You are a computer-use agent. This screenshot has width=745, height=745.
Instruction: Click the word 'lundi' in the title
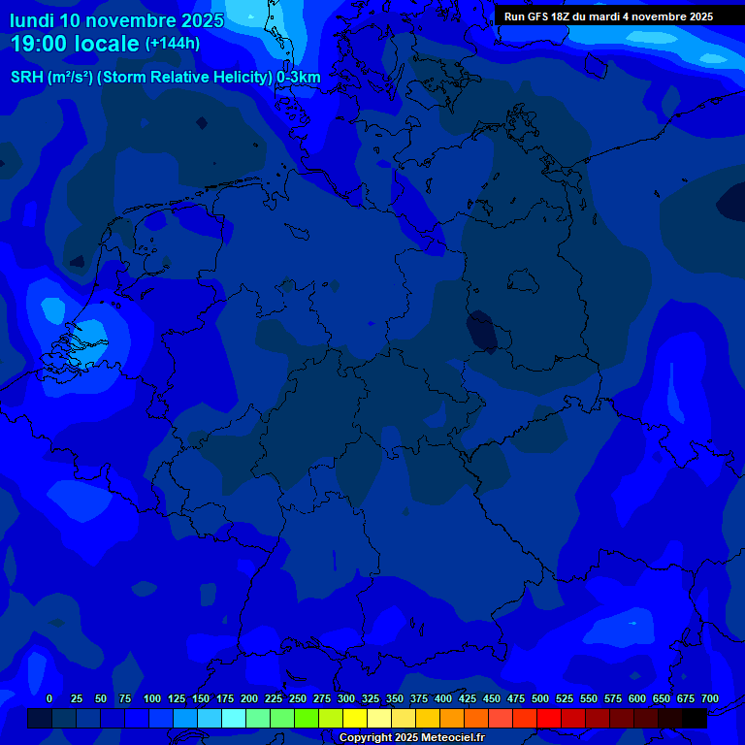click(x=31, y=20)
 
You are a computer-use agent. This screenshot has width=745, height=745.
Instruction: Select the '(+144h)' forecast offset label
click(x=173, y=44)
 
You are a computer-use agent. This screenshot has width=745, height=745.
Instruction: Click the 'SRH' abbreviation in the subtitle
click(x=26, y=78)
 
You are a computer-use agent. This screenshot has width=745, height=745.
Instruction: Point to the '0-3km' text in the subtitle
click(x=299, y=78)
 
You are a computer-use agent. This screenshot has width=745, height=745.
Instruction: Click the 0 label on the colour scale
click(x=49, y=698)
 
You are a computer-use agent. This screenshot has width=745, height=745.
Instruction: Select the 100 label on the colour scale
click(x=152, y=698)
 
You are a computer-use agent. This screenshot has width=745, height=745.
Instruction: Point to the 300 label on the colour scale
click(x=346, y=698)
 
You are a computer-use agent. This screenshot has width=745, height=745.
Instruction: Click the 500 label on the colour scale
click(x=540, y=698)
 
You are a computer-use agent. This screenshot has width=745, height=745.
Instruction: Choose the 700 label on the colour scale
click(x=709, y=698)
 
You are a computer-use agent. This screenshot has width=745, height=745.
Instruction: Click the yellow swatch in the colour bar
click(x=355, y=719)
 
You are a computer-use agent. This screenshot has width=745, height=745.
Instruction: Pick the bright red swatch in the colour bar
click(x=549, y=719)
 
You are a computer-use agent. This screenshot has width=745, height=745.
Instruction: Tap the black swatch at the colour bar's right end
click(x=695, y=719)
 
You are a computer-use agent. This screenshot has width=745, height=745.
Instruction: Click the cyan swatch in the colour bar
click(x=234, y=719)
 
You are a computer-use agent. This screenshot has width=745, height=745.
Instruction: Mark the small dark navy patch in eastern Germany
click(x=482, y=332)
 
